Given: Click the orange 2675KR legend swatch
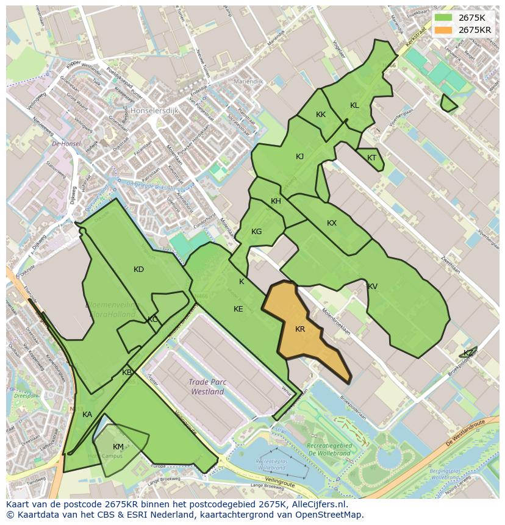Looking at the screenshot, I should click(443, 30).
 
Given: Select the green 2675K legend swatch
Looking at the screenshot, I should click(443, 18).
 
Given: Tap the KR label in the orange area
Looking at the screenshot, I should click(300, 329).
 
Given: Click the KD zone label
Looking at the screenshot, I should click(139, 270).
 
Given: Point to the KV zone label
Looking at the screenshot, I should click(373, 287).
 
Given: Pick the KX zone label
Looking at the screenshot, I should click(332, 223).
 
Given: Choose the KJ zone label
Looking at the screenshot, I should click(300, 157).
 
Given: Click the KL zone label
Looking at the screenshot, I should click(354, 105).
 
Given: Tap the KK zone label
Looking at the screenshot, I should click(321, 115).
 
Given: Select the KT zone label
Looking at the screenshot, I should click(372, 158).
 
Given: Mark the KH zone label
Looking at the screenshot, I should click(276, 202).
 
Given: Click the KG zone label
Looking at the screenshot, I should click(257, 232).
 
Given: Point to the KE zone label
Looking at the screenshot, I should click(238, 309).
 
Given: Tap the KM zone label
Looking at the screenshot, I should click(118, 447).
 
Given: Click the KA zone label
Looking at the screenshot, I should click(87, 415).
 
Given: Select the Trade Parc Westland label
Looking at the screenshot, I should click(207, 387).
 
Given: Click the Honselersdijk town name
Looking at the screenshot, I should click(154, 111).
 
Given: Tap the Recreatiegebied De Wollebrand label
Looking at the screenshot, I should click(329, 449).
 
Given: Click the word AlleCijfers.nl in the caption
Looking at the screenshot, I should click(317, 505).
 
